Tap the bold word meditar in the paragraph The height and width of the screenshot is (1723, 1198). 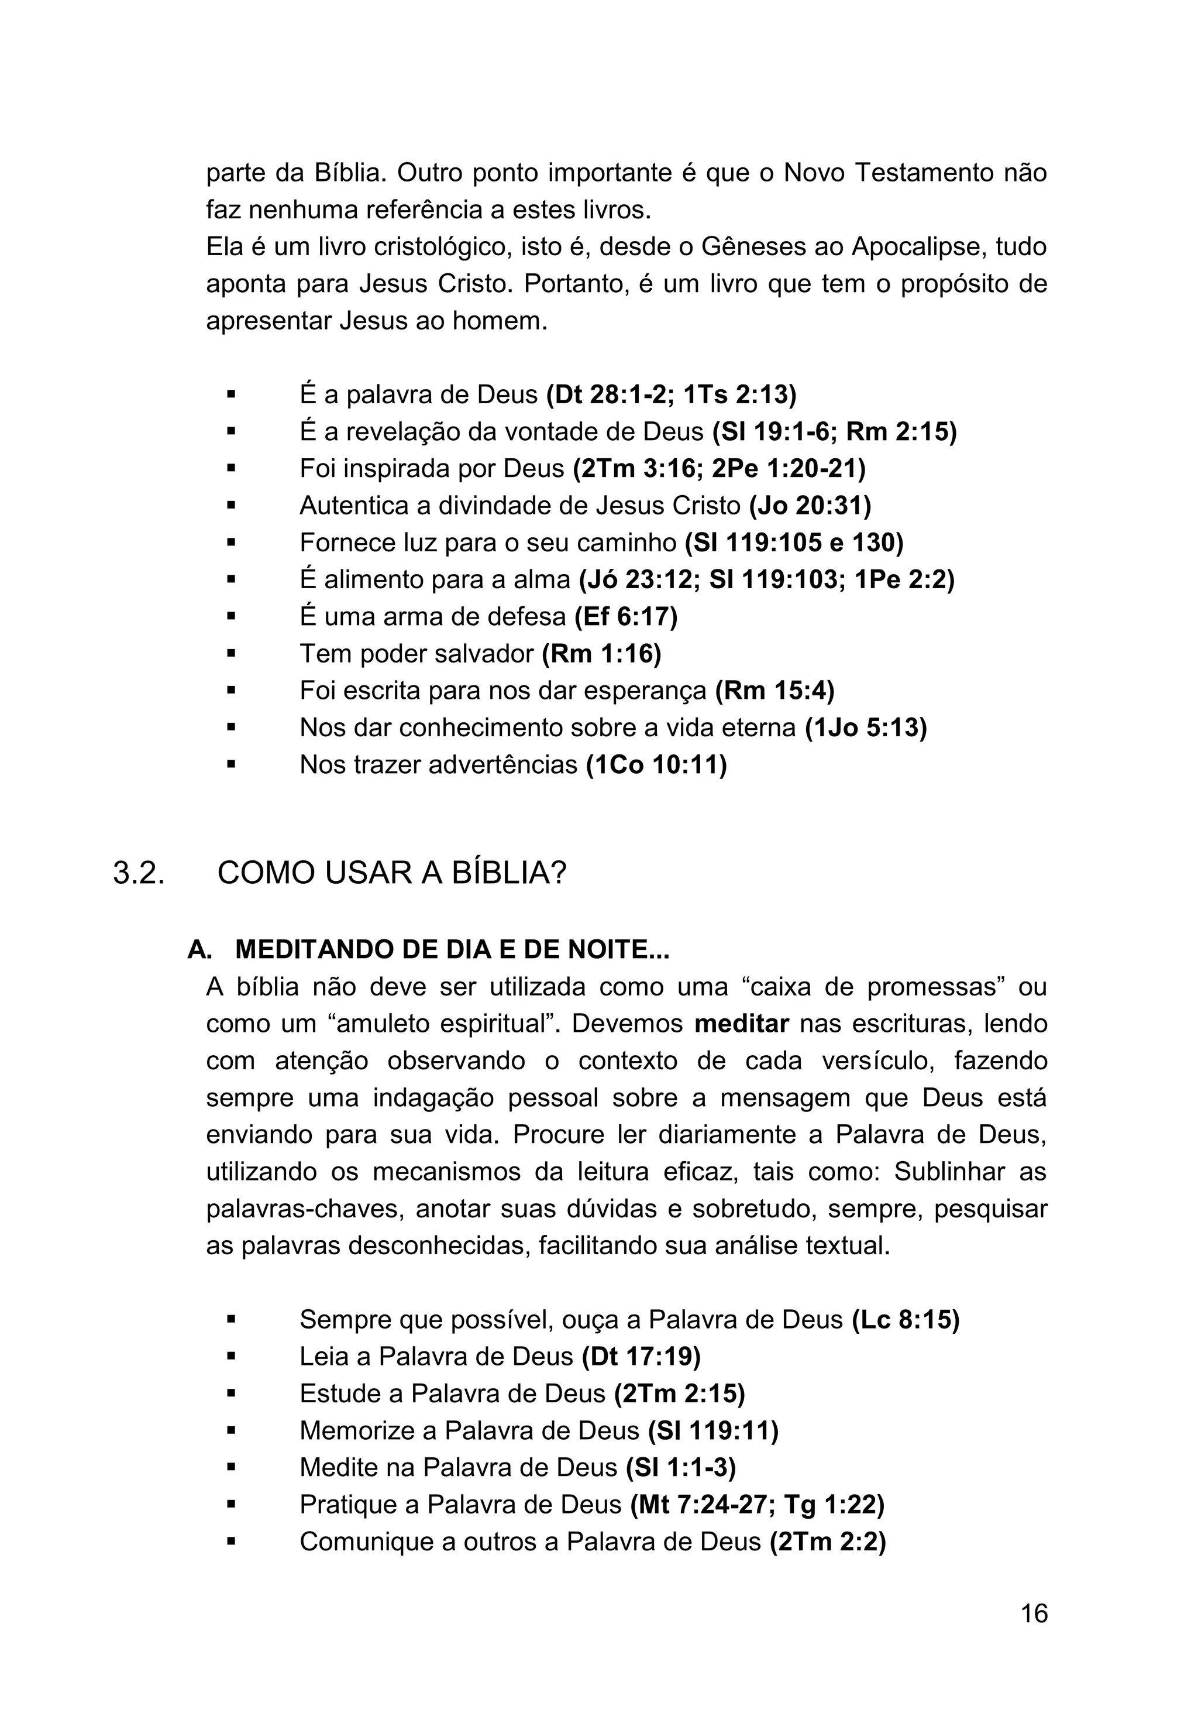tap(741, 1024)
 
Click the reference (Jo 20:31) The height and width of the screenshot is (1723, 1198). tap(810, 506)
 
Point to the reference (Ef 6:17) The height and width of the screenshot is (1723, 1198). tap(626, 617)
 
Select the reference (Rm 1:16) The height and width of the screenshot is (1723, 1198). tap(601, 654)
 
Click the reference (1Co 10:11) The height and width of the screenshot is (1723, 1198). tap(656, 765)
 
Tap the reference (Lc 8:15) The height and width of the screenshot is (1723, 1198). tap(906, 1319)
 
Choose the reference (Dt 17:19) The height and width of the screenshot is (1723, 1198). tap(641, 1356)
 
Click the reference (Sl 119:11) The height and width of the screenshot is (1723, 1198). tap(712, 1430)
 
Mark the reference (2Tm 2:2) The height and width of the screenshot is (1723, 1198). tap(827, 1542)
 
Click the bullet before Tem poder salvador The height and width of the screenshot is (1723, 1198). tap(231, 654)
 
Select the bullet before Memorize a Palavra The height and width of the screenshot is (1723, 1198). tap(231, 1431)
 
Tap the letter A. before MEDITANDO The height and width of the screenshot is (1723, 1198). tap(199, 950)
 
